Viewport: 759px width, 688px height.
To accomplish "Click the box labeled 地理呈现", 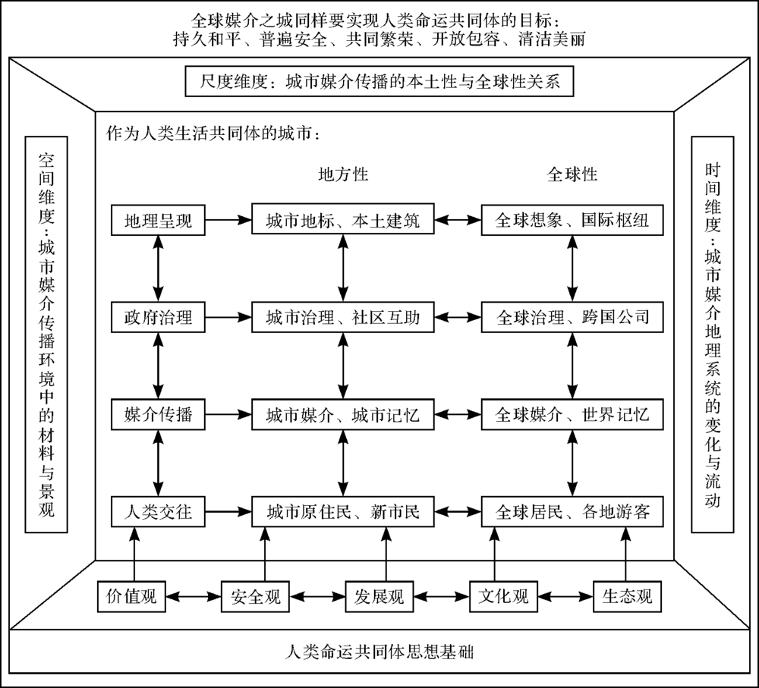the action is (158, 220).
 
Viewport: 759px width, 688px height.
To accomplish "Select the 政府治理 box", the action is (158, 317).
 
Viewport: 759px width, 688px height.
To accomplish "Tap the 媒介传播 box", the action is (158, 414).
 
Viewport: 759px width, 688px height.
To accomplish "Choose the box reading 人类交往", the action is (158, 511).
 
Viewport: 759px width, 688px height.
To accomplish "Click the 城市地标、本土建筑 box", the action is (343, 220).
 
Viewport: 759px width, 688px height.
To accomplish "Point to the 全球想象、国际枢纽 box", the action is (572, 220).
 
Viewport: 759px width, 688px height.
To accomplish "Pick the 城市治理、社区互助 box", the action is (343, 317).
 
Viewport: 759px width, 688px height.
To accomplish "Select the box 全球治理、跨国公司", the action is (572, 317).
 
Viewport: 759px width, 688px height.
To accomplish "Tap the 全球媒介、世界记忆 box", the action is (572, 414).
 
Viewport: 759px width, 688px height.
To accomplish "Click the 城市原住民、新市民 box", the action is (343, 511).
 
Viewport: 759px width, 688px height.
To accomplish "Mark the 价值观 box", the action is (131, 596).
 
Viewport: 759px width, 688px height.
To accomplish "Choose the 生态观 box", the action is (627, 596).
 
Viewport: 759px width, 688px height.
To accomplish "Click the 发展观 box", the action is (379, 596).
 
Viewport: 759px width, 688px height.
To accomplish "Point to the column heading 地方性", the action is (343, 174).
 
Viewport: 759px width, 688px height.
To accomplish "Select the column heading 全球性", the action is (572, 174).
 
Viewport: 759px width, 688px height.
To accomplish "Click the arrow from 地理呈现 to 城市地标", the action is (228, 220).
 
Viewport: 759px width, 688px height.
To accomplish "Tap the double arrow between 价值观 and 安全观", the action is (193, 596).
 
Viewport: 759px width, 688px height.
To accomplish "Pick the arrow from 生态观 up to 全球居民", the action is (626, 554).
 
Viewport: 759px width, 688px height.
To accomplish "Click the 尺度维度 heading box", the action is (379, 81).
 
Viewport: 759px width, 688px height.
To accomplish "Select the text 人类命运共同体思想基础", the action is (379, 652).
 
